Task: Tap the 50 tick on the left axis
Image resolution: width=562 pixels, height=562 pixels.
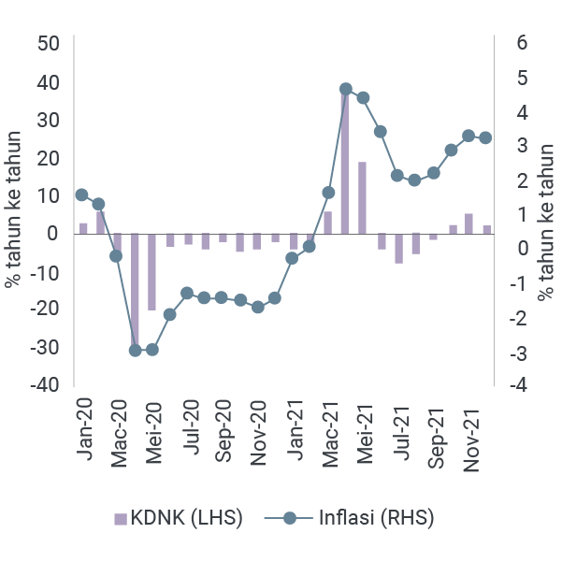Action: [49, 44]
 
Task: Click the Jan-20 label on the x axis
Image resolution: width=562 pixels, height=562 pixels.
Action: [85, 425]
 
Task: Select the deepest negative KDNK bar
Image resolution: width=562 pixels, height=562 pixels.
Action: [135, 291]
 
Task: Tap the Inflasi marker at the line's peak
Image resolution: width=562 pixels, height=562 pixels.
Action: [346, 89]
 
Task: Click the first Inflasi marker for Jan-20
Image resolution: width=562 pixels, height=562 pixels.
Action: [82, 195]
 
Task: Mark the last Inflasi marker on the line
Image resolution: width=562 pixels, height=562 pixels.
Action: [485, 137]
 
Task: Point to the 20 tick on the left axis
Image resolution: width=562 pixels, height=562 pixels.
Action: [49, 157]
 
